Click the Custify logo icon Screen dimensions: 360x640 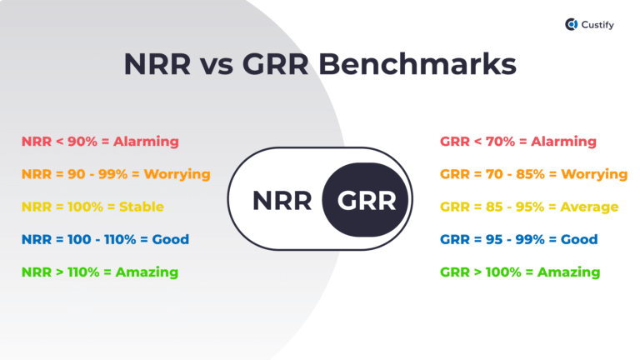(x=571, y=25)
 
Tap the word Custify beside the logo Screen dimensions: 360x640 (x=598, y=25)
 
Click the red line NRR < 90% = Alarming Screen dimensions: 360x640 (x=100, y=142)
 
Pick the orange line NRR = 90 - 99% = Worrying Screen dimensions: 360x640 (x=116, y=174)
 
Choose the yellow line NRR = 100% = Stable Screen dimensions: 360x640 (x=92, y=207)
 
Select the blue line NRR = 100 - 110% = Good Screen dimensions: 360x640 (x=104, y=239)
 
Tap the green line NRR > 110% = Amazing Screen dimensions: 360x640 (x=100, y=272)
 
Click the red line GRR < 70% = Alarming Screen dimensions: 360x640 (x=517, y=142)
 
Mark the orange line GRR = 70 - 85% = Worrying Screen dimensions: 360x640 (x=532, y=174)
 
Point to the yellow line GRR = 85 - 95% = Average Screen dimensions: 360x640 (x=528, y=207)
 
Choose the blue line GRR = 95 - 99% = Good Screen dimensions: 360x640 (x=517, y=239)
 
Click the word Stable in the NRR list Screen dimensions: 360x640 (x=141, y=207)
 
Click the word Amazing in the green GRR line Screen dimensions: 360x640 (x=568, y=272)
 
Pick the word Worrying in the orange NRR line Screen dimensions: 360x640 (x=177, y=174)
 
